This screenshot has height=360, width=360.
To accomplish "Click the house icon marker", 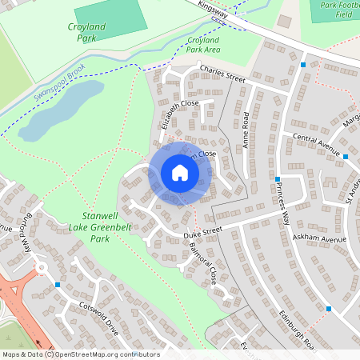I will click(180, 173).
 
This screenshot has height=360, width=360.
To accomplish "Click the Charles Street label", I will click(222, 74).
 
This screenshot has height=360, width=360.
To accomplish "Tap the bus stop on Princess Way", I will click(277, 179).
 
